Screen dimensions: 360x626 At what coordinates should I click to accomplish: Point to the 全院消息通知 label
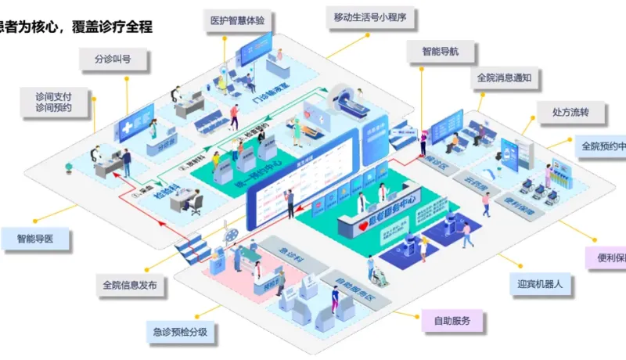tap(504, 78)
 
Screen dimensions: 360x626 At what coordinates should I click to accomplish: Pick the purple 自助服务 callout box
tap(452, 320)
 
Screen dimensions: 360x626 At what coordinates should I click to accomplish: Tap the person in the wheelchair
tap(377, 272)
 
